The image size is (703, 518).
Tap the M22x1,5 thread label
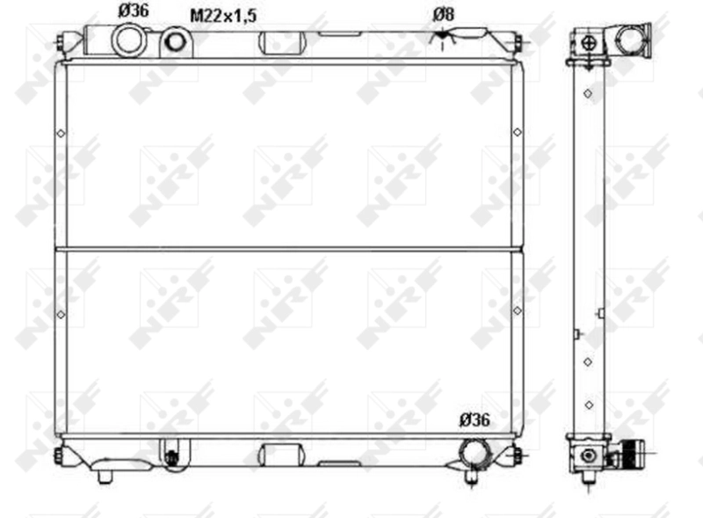pyautogui.click(x=223, y=16)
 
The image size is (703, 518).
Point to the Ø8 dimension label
pyautogui.click(x=444, y=14)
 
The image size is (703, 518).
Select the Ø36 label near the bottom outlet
pyautogui.click(x=475, y=420)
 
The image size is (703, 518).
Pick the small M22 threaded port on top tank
pyautogui.click(x=177, y=41)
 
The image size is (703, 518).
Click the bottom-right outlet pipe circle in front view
pyautogui.click(x=475, y=449)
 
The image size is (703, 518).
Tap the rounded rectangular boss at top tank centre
pyautogui.click(x=281, y=42)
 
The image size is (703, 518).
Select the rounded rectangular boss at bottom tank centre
pyautogui.click(x=281, y=455)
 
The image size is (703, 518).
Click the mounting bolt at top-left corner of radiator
pyautogui.click(x=59, y=41)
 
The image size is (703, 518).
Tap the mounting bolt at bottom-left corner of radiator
pyautogui.click(x=59, y=455)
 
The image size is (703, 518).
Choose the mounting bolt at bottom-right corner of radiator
pyautogui.click(x=517, y=455)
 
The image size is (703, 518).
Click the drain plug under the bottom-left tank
pyautogui.click(x=105, y=476)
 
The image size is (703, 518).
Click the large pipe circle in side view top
pyautogui.click(x=630, y=39)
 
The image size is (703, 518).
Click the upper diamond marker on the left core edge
pyautogui.click(x=59, y=134)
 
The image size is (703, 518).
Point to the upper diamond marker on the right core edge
pyautogui.click(x=517, y=133)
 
